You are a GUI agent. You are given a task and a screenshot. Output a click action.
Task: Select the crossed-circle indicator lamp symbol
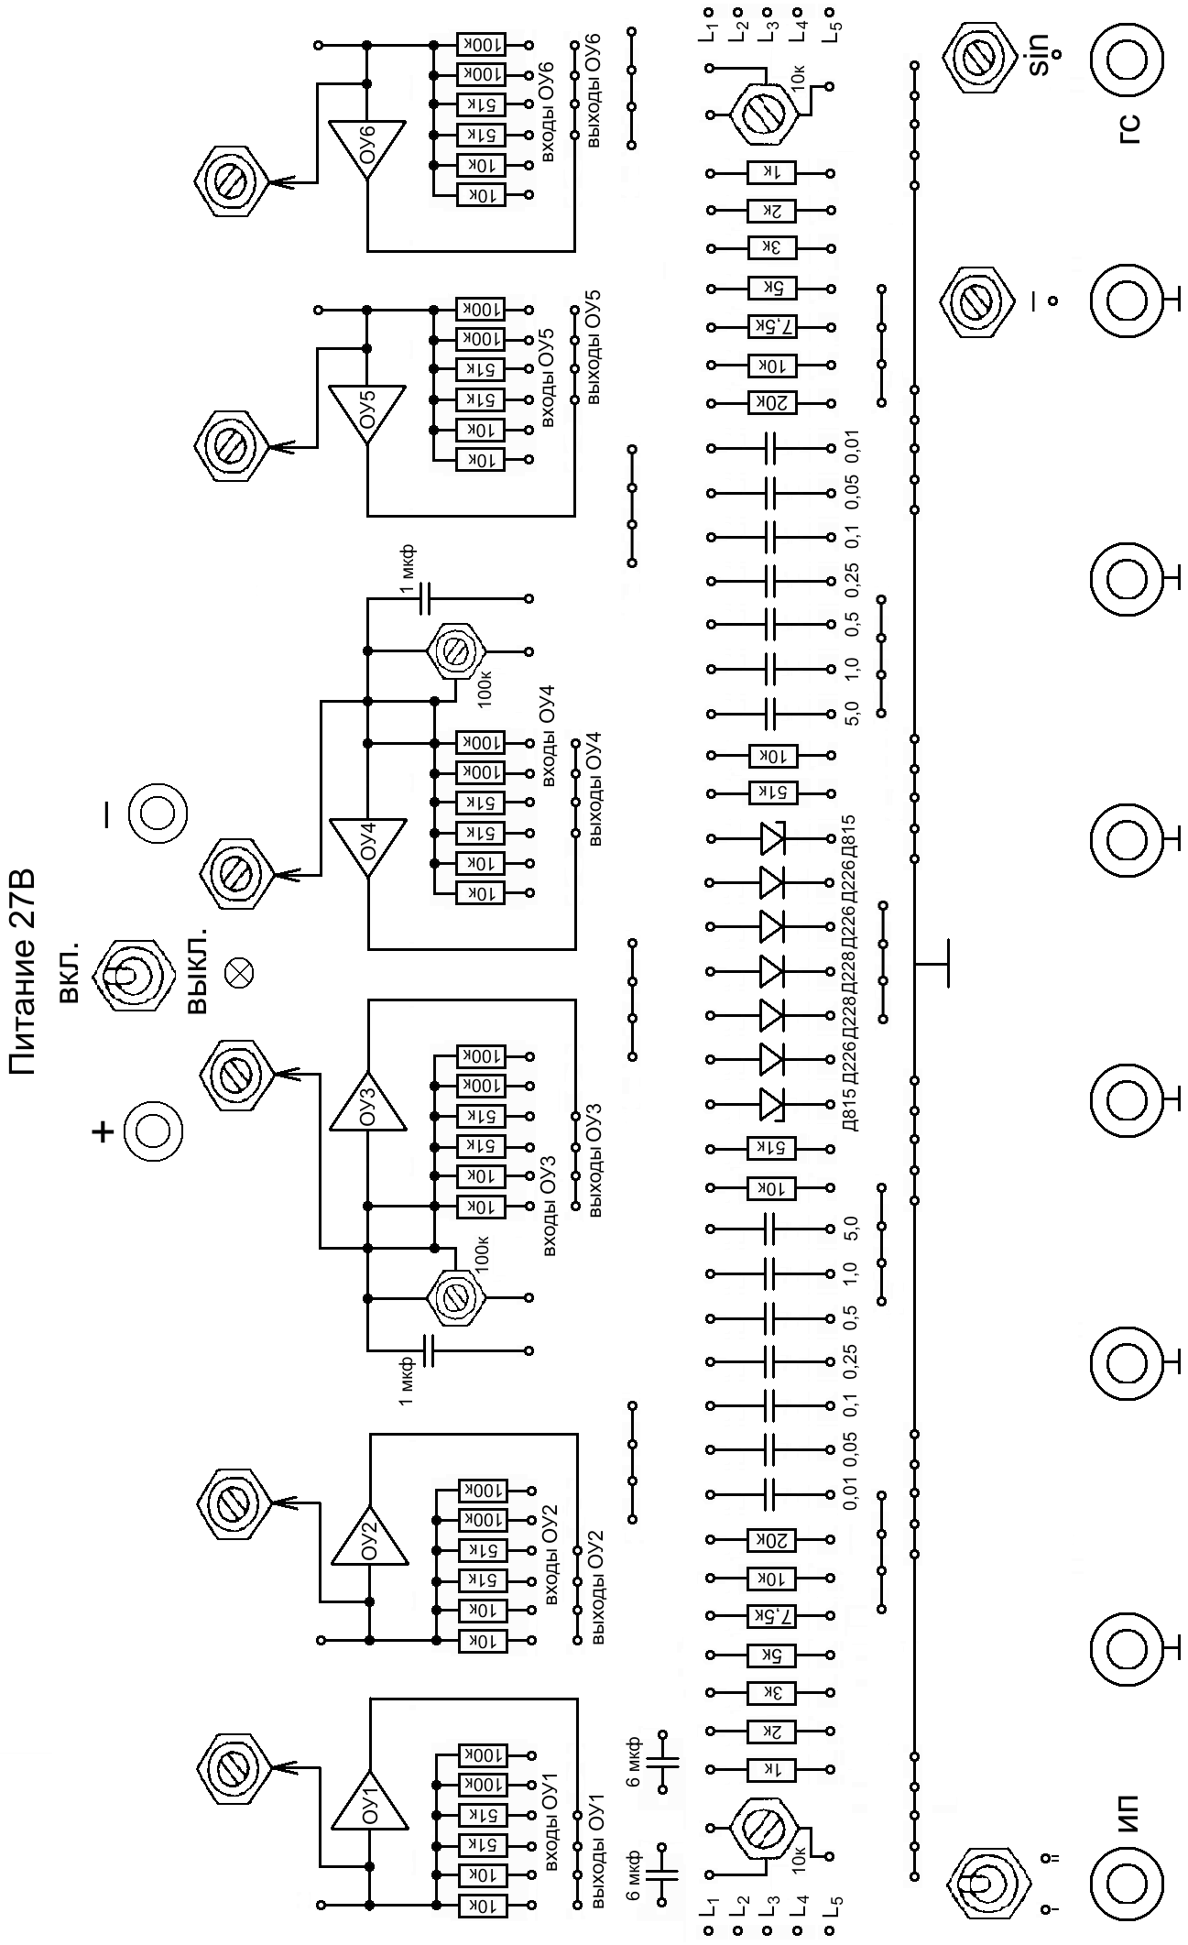point(241,972)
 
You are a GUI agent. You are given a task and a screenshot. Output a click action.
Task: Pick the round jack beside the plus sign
point(152,1131)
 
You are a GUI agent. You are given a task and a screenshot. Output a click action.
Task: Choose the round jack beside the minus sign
point(158,813)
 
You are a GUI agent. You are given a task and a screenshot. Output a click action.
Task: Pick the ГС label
point(1130,128)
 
